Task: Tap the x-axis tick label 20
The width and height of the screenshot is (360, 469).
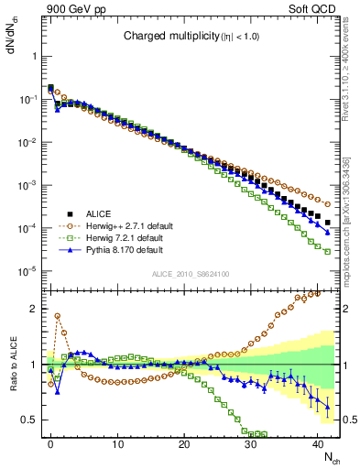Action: [183, 442]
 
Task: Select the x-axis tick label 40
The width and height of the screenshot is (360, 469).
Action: [317, 442]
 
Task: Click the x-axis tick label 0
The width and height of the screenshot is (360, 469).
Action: [50, 442]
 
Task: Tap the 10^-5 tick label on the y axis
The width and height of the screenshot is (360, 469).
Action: [29, 270]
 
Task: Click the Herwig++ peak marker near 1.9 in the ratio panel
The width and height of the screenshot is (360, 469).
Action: [57, 316]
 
